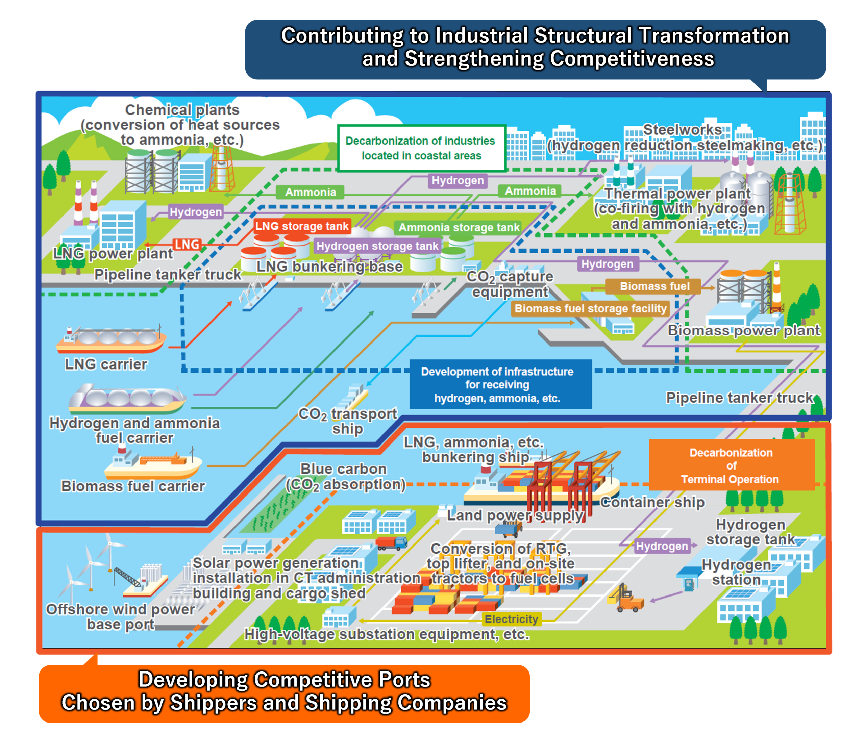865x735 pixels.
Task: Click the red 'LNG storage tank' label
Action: [301, 226]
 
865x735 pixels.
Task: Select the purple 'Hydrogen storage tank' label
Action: [377, 246]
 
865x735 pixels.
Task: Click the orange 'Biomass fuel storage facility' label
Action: [590, 308]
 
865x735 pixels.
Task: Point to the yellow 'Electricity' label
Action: [511, 619]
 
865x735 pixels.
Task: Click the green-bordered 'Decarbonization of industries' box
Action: [421, 148]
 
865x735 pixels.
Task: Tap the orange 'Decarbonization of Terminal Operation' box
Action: [731, 465]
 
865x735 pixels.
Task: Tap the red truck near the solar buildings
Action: [391, 543]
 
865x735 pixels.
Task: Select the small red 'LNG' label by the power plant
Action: [187, 245]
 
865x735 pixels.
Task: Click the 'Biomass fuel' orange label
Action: [654, 286]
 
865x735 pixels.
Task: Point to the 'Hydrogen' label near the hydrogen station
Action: [661, 546]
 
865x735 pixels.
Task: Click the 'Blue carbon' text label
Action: [343, 469]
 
